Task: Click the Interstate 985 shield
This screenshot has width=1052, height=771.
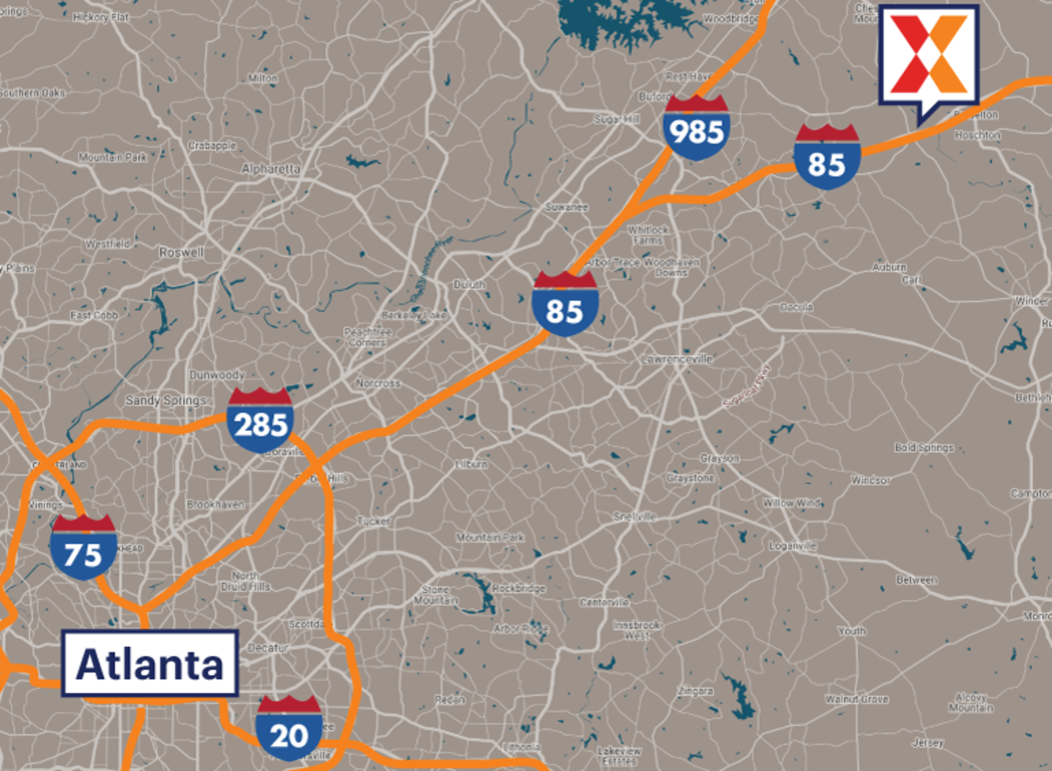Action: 696,129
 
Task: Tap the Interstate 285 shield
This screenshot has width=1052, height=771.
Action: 260,421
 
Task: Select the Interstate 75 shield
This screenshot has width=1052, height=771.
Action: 84,549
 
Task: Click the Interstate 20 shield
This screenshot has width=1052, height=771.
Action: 289,730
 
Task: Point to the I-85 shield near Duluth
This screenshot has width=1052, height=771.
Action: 565,306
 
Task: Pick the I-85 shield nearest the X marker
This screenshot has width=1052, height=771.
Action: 826,159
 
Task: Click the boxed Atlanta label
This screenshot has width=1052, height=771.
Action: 150,664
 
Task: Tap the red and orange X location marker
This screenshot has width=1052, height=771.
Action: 929,56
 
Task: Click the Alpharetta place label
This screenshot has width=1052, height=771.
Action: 270,169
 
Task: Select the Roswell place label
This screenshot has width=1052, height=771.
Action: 181,252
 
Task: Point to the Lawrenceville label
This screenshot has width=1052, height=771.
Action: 677,359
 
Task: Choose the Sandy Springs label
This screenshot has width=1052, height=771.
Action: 166,400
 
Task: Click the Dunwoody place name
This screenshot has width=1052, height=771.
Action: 216,375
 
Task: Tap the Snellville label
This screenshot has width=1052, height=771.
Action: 634,517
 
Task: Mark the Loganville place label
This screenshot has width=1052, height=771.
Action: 792,546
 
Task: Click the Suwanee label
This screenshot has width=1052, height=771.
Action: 566,207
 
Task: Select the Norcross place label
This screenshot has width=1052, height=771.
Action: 377,383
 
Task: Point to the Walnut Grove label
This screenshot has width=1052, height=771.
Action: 857,699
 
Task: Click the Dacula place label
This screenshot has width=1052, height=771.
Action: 796,307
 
